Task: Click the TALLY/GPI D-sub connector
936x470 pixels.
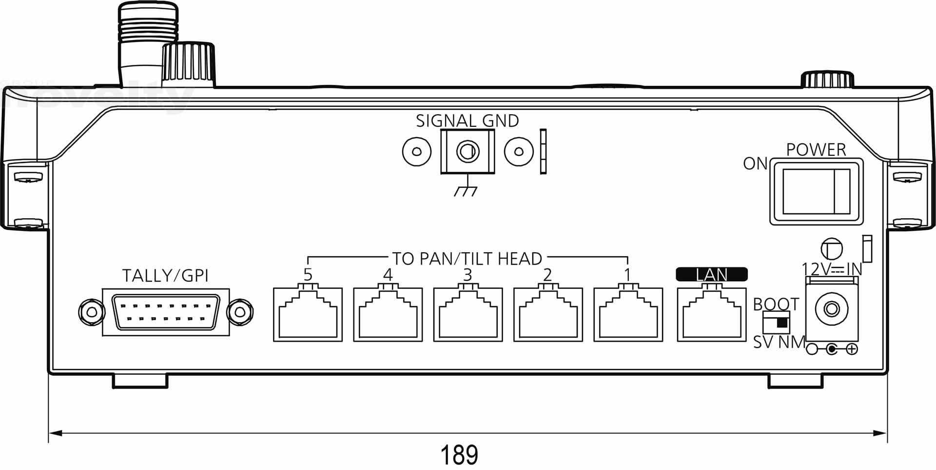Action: [166, 312]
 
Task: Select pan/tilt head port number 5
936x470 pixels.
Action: [308, 314]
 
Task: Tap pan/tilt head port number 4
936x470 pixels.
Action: [388, 314]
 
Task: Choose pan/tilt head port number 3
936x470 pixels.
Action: [468, 314]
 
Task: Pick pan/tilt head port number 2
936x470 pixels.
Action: [547, 314]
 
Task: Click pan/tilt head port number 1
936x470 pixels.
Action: [628, 314]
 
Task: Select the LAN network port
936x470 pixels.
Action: [712, 314]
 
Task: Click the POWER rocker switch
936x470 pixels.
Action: [816, 192]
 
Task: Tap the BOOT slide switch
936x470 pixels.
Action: [776, 323]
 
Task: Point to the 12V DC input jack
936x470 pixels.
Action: [832, 309]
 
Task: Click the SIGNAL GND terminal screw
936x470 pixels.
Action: [468, 151]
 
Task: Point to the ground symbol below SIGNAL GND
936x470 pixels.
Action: [466, 190]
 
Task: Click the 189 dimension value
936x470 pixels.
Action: [459, 454]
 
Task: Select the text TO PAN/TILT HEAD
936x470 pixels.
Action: [467, 258]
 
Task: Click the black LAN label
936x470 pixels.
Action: [712, 275]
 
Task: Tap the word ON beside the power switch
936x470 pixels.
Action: [755, 164]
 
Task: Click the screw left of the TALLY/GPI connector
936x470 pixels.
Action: [91, 311]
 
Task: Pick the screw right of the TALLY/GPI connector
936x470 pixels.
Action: [240, 311]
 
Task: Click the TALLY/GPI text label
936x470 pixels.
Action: [165, 276]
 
